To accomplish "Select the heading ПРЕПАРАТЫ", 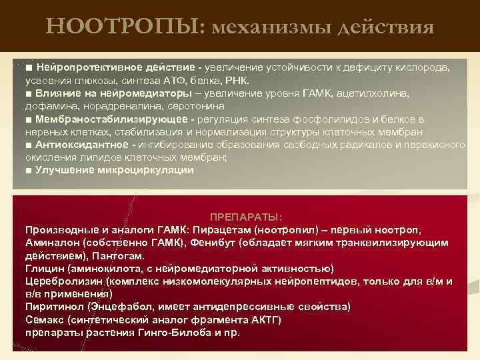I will [x=246, y=218].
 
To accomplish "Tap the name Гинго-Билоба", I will [x=170, y=332].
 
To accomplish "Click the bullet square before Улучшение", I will [x=29, y=171].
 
